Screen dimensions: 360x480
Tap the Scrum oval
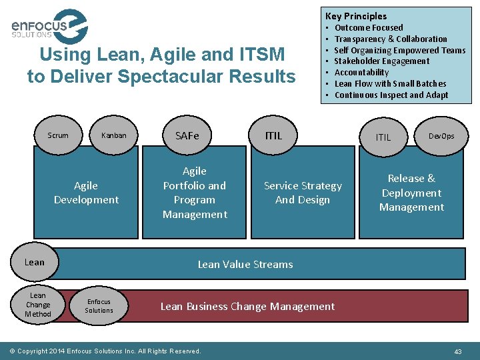click(x=58, y=135)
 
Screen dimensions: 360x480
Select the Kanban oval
click(x=113, y=135)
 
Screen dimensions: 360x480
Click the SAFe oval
click(x=187, y=135)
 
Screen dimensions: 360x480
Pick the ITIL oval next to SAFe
click(x=273, y=135)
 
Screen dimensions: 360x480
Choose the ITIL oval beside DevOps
click(x=383, y=137)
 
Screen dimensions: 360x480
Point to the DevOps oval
click(x=441, y=136)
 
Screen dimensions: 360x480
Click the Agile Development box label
click(x=86, y=193)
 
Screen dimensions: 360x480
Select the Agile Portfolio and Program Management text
click(x=195, y=193)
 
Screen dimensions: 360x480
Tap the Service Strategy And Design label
click(x=303, y=193)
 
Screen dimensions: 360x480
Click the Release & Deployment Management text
click(x=411, y=193)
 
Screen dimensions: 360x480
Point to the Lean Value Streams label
click(x=245, y=265)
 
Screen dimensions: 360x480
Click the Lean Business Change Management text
click(x=247, y=307)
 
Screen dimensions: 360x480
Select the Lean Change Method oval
click(x=38, y=305)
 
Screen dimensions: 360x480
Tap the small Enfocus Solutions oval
click(x=99, y=306)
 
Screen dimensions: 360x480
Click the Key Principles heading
click(x=355, y=16)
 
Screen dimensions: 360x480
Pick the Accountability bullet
click(x=361, y=73)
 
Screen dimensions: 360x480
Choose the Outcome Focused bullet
click(x=368, y=28)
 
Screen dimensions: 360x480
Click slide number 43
click(x=457, y=351)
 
